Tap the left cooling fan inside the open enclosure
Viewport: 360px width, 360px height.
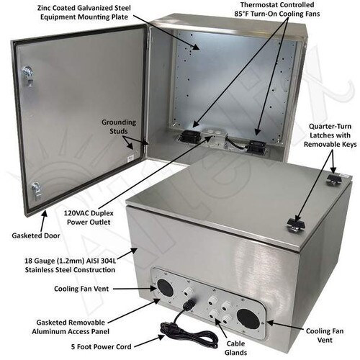[189, 136]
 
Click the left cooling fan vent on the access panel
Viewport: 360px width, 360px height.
[166, 288]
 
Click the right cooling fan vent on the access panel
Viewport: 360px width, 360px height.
[248, 319]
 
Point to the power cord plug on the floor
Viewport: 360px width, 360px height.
[166, 327]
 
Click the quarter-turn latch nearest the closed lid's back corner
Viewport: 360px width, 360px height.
[334, 179]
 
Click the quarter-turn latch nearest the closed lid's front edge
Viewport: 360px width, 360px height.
[295, 225]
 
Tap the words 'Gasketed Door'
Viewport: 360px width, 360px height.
[36, 235]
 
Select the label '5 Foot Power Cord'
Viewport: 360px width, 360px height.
[101, 346]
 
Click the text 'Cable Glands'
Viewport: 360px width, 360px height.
[235, 348]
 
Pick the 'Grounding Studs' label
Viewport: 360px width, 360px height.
[119, 127]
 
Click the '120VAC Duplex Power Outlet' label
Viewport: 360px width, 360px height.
[89, 217]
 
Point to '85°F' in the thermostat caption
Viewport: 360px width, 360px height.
[242, 14]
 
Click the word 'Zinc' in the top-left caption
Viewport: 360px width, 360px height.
[43, 8]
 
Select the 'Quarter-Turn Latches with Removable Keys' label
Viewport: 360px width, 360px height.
[330, 135]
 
